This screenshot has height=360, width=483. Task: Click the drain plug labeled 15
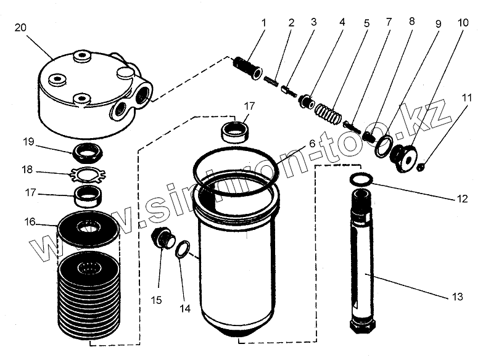tap(163, 237)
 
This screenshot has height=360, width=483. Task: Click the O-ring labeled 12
tap(360, 179)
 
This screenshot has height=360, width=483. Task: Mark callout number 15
tap(157, 300)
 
